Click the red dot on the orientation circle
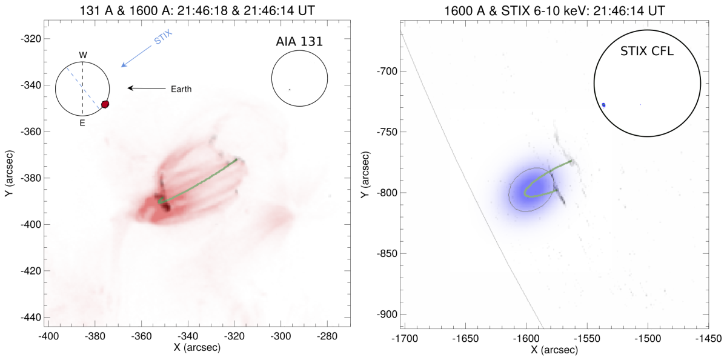point(105,104)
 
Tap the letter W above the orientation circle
point(83,55)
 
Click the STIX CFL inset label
point(647,52)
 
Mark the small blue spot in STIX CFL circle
point(603,105)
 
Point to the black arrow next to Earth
point(146,88)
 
